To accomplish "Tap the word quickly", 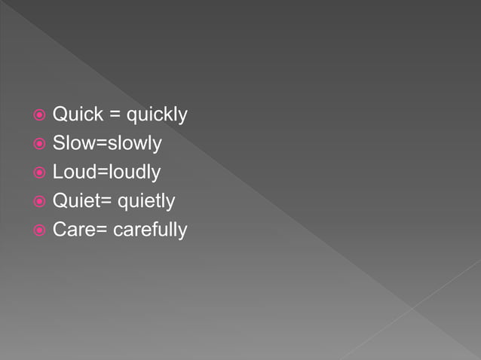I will click(157, 116).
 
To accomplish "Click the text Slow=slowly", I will click(107, 144).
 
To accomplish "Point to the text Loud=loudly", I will click(106, 172).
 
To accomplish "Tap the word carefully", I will click(150, 230).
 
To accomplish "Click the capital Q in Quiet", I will click(60, 201).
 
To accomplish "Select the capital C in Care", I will click(59, 230).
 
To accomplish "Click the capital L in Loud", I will click(57, 172).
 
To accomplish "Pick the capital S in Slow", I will click(58, 144).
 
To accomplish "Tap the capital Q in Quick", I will click(60, 115).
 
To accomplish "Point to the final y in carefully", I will click(182, 232).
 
